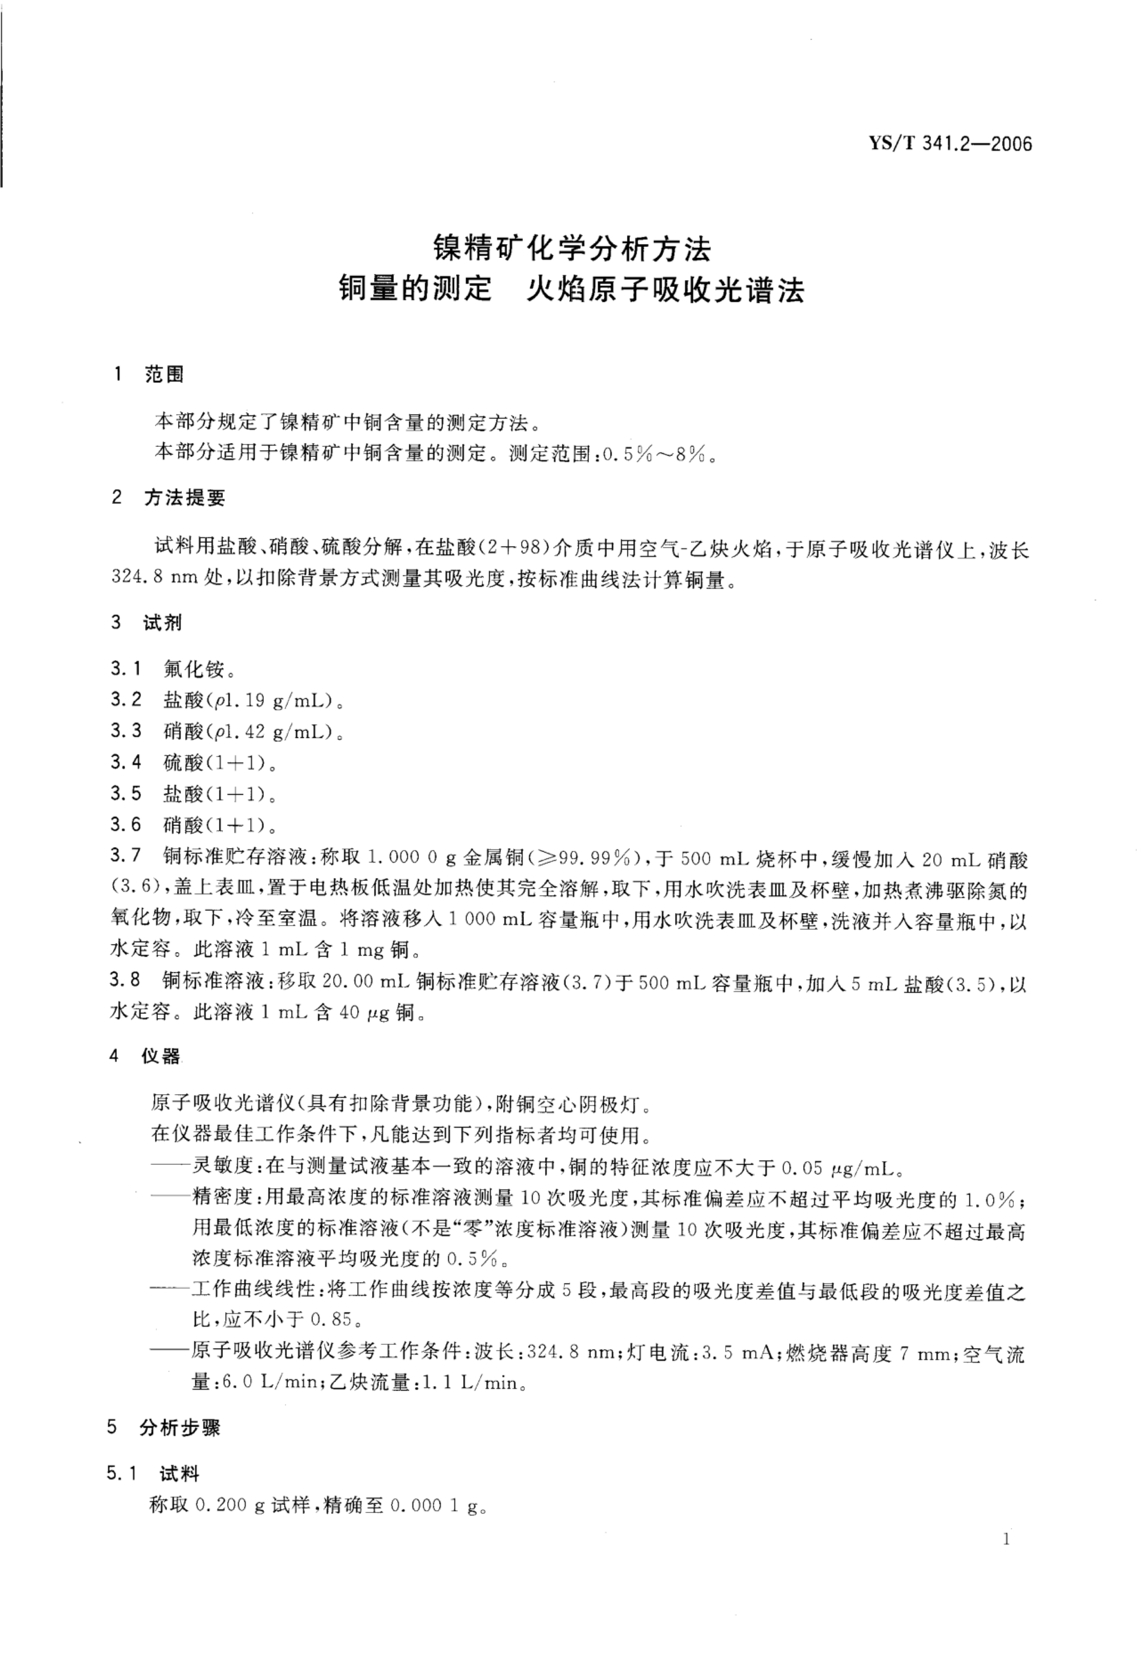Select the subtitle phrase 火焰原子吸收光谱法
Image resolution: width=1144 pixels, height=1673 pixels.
(x=665, y=290)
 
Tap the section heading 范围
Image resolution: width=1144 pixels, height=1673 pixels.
(x=164, y=374)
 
